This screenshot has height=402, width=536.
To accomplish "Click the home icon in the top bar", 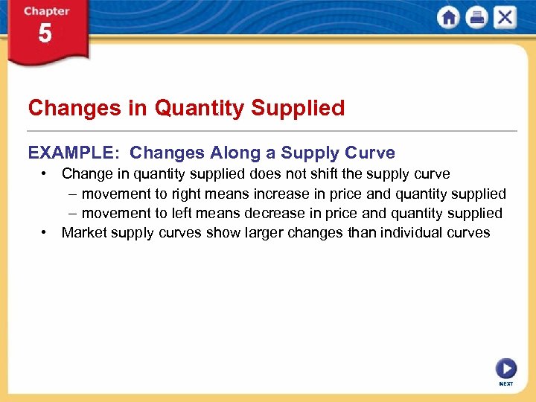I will pyautogui.click(x=449, y=18).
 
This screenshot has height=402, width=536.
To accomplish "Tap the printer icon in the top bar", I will pyautogui.click(x=476, y=18).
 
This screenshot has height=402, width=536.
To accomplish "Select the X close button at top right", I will pyautogui.click(x=505, y=18).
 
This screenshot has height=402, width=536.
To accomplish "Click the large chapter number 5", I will pyautogui.click(x=45, y=34).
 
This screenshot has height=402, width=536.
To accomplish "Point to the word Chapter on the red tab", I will pyautogui.click(x=46, y=11).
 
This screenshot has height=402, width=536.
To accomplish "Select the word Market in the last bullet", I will pyautogui.click(x=84, y=232).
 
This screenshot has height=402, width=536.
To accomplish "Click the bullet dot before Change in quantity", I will pyautogui.click(x=46, y=174).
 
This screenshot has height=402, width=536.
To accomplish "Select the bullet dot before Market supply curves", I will pyautogui.click(x=46, y=232).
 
